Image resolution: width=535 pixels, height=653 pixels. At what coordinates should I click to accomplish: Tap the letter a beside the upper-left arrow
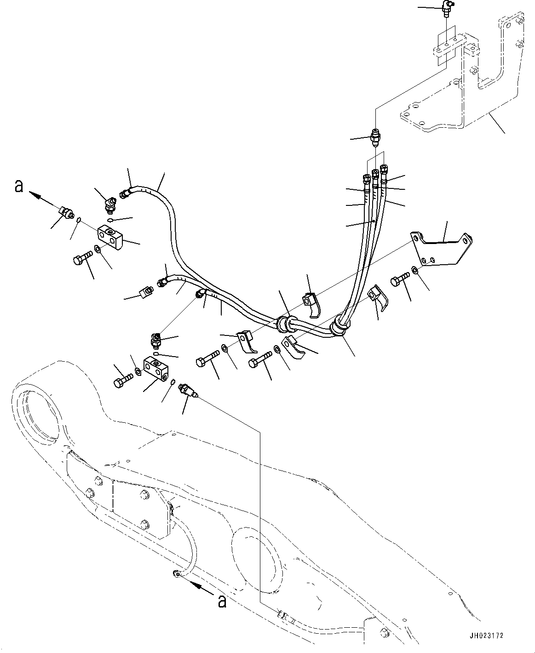[x=18, y=187]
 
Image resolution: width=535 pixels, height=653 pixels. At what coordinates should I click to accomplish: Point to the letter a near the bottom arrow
[x=222, y=602]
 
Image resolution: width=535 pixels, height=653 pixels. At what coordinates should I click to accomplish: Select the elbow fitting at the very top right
[x=447, y=7]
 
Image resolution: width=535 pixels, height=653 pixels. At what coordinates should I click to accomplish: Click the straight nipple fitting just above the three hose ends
[x=375, y=137]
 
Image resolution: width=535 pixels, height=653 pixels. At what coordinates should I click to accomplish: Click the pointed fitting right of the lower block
[x=188, y=391]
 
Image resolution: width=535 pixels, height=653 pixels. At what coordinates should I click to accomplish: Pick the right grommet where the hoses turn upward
[x=340, y=327]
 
